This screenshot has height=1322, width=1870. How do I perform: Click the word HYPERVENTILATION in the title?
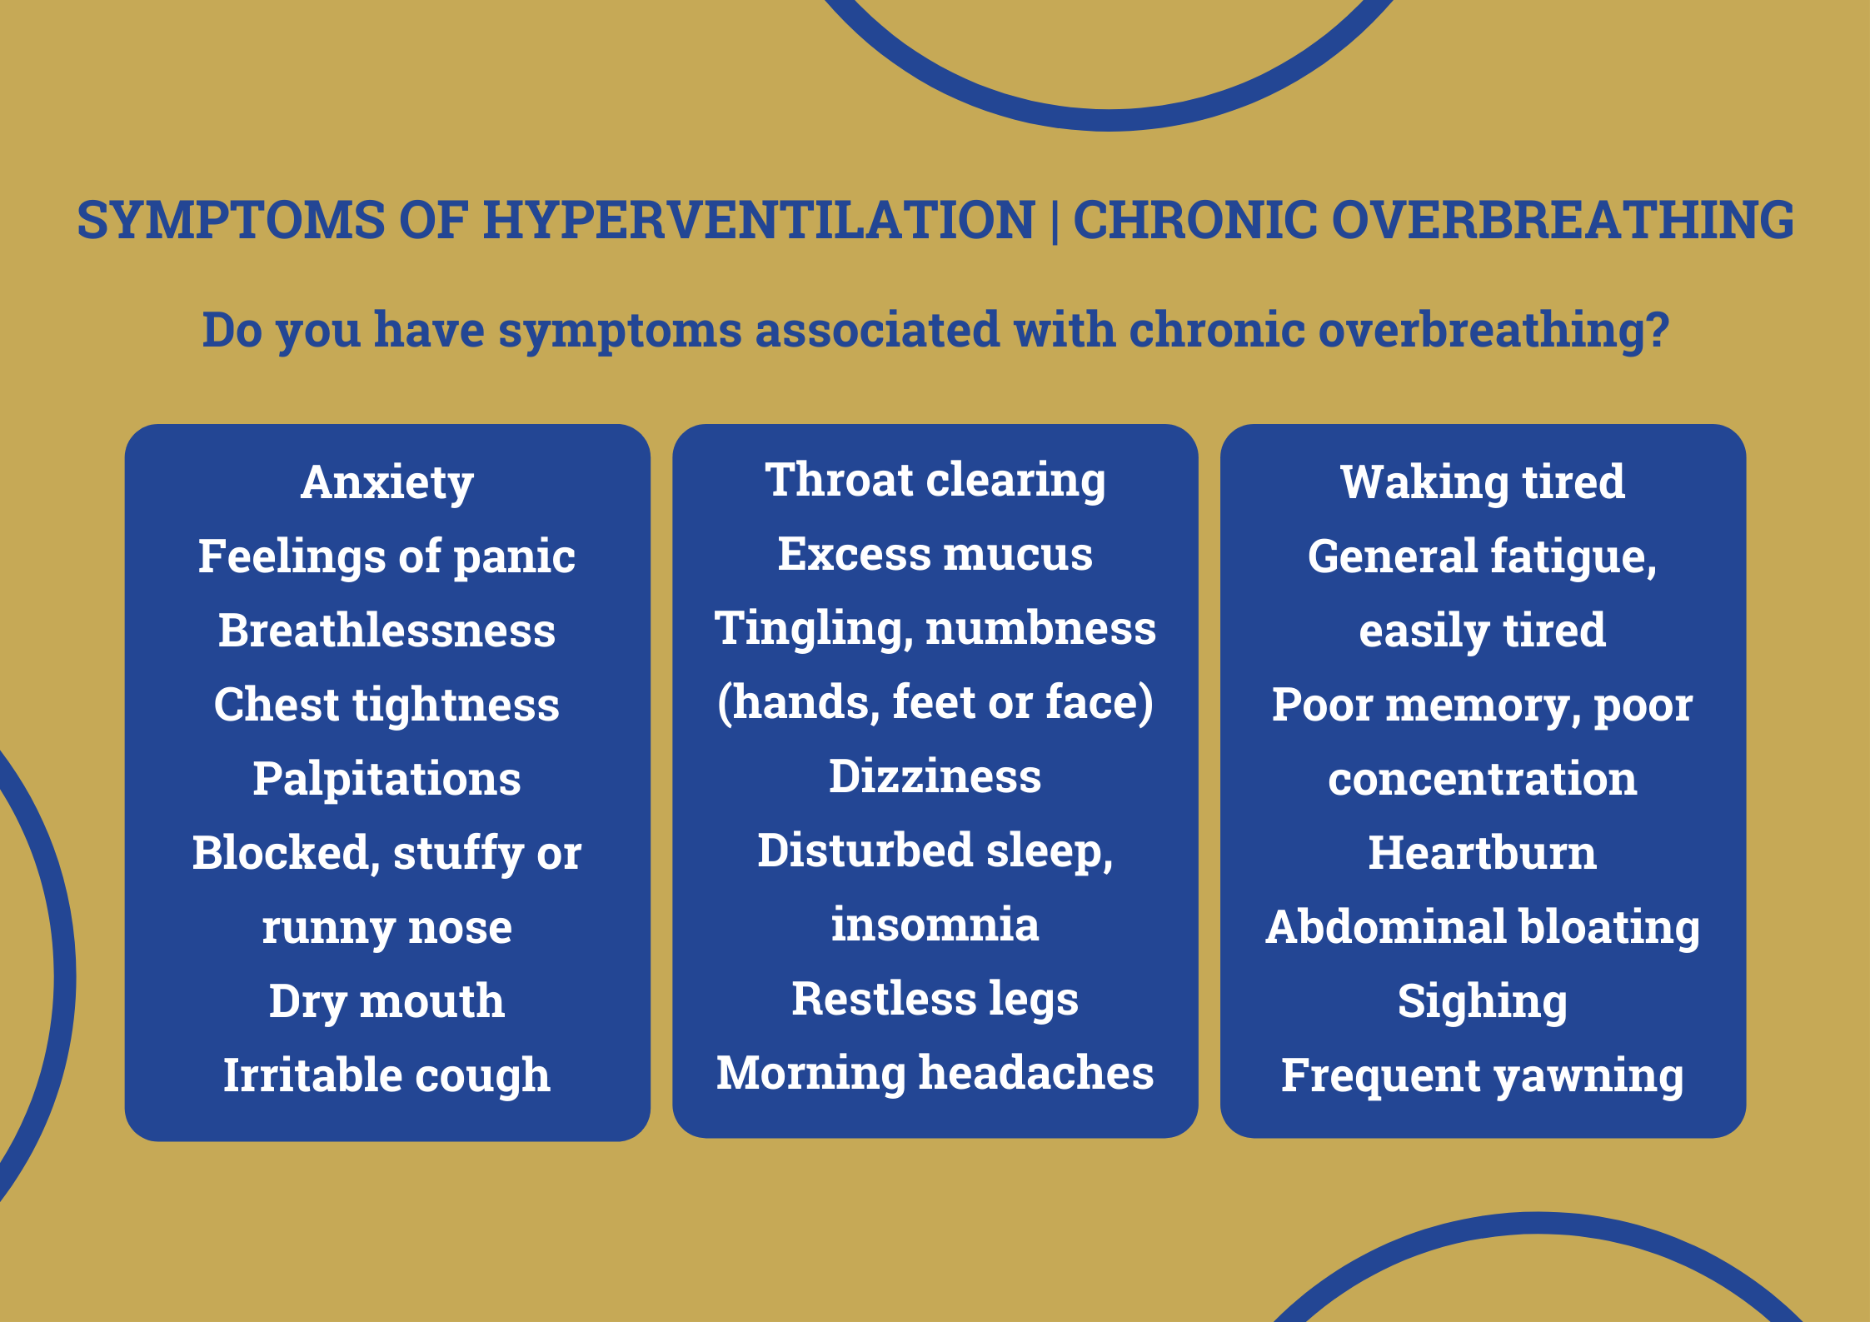click(x=759, y=220)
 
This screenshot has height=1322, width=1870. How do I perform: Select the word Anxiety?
click(x=387, y=482)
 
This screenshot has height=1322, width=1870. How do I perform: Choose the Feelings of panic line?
click(x=386, y=556)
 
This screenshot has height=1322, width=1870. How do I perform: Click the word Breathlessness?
click(x=386, y=631)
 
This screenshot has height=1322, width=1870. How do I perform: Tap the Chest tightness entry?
click(x=386, y=705)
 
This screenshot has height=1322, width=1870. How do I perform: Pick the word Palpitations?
click(x=386, y=779)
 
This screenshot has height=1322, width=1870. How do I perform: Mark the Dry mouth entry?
click(x=386, y=1001)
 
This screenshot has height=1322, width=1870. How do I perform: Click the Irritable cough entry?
click(x=386, y=1075)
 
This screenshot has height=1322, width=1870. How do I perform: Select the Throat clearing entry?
click(x=935, y=480)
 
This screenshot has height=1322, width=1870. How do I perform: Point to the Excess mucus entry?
click(x=935, y=554)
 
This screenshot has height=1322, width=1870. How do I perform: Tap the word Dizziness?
click(x=935, y=776)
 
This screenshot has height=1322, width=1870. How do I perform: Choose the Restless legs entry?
click(x=935, y=999)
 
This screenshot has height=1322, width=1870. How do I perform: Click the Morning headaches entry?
click(x=935, y=1073)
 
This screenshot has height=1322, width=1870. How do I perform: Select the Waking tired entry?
click(x=1483, y=482)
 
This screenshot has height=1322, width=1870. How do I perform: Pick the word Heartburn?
click(x=1483, y=853)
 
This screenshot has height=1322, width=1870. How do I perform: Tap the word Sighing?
click(x=1483, y=1001)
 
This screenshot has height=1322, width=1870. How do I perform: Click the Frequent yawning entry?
click(x=1483, y=1075)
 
